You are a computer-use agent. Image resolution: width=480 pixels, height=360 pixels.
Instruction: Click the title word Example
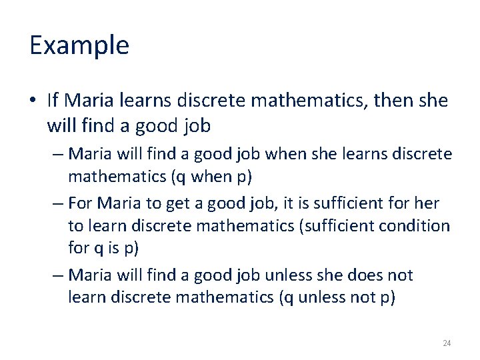click(79, 46)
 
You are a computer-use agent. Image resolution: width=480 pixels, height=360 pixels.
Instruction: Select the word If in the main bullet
click(53, 101)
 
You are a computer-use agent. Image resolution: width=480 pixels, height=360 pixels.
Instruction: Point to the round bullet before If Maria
click(33, 101)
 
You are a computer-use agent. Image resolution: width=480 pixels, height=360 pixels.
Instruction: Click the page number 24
click(447, 343)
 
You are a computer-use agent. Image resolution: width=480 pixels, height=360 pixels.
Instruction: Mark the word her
click(427, 203)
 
